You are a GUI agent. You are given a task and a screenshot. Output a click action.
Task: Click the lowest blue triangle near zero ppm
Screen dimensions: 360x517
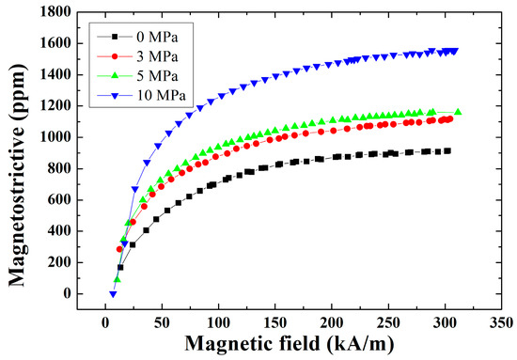click(113, 294)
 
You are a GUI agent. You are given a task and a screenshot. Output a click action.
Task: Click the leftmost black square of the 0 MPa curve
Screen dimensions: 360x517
click(120, 267)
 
